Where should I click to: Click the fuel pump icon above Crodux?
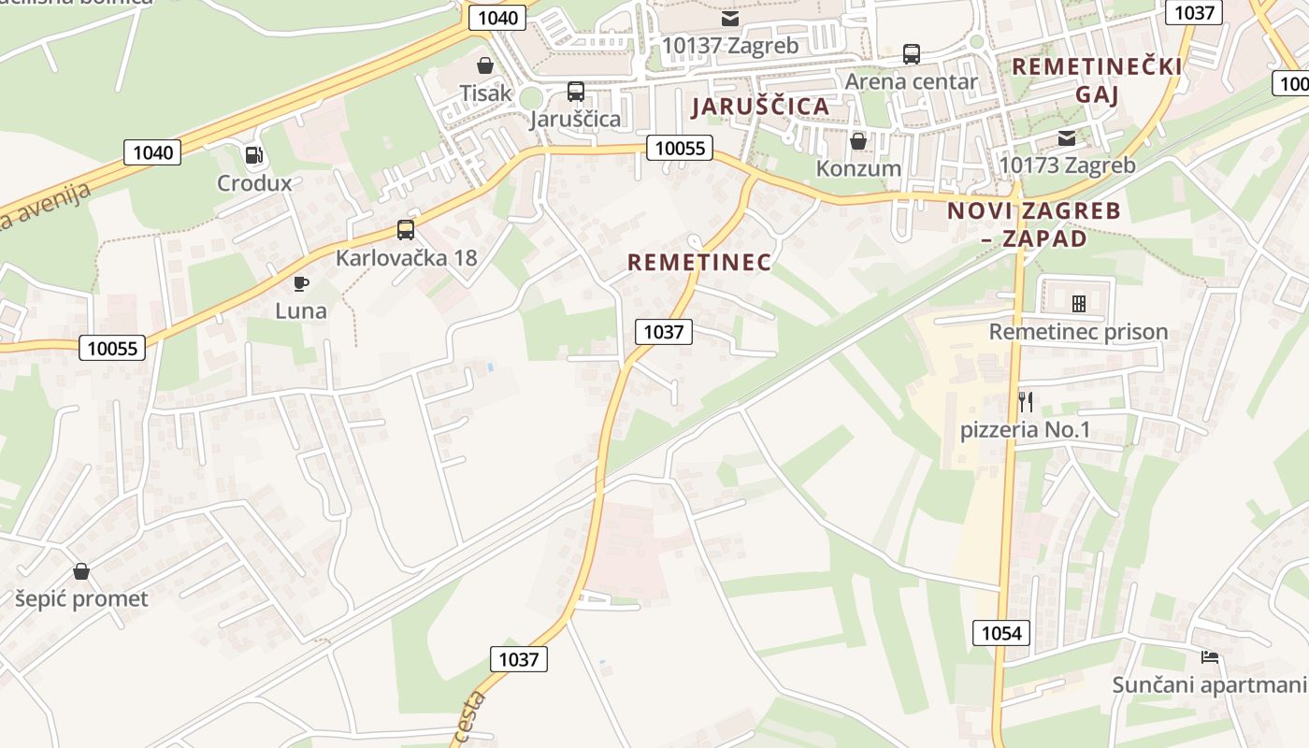click(252, 155)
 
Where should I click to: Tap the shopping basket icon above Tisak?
click(485, 65)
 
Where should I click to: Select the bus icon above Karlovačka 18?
click(406, 229)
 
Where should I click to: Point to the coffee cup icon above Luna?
click(300, 283)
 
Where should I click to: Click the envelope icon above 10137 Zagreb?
click(729, 18)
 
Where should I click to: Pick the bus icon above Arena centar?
click(912, 54)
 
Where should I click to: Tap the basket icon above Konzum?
click(858, 141)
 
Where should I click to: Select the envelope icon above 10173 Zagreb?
click(1067, 138)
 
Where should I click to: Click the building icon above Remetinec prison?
click(1078, 304)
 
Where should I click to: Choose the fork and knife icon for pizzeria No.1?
click(1026, 402)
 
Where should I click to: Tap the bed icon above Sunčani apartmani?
click(1210, 657)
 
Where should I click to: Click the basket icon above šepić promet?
click(81, 571)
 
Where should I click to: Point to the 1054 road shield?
click(1001, 633)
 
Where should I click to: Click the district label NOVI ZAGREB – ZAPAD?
click(1033, 224)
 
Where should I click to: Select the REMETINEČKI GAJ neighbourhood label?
click(1097, 80)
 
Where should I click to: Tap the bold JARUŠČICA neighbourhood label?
click(760, 107)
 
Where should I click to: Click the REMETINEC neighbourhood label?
click(699, 263)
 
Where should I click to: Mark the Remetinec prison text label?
click(1078, 332)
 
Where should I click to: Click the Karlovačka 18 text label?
click(407, 257)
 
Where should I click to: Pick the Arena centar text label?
click(911, 81)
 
